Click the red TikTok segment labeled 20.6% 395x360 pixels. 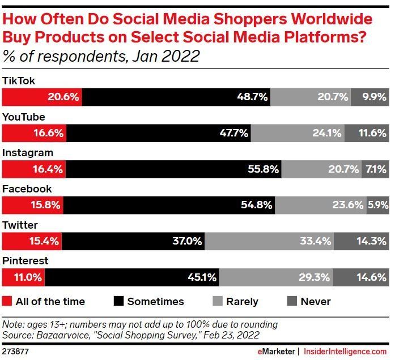pyautogui.click(x=42, y=97)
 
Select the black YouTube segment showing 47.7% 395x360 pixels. pyautogui.click(x=159, y=133)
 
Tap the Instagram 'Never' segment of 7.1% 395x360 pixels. pyautogui.click(x=375, y=169)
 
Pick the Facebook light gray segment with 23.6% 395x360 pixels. pyautogui.click(x=321, y=205)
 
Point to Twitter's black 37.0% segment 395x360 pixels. pyautogui.click(x=133, y=241)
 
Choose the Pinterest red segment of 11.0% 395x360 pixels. pyautogui.click(x=23, y=277)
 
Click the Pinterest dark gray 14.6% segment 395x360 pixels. pyautogui.click(x=361, y=277)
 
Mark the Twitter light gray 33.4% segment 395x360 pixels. pyautogui.click(x=269, y=241)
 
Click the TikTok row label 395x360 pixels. pyautogui.click(x=19, y=81)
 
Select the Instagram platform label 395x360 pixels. pyautogui.click(x=28, y=153)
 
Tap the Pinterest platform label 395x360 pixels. pyautogui.click(x=25, y=261)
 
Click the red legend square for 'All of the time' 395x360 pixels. pyautogui.click(x=7, y=301)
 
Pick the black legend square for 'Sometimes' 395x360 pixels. pyautogui.click(x=118, y=301)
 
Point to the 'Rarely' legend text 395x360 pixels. pyautogui.click(x=243, y=302)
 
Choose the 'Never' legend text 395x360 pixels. pyautogui.click(x=316, y=301)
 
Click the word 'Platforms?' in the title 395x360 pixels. pyautogui.click(x=325, y=37)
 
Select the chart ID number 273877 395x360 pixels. pyautogui.click(x=15, y=352)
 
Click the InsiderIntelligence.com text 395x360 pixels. pyautogui.click(x=345, y=352)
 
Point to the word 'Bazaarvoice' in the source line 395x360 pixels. pyautogui.click(x=63, y=335)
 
